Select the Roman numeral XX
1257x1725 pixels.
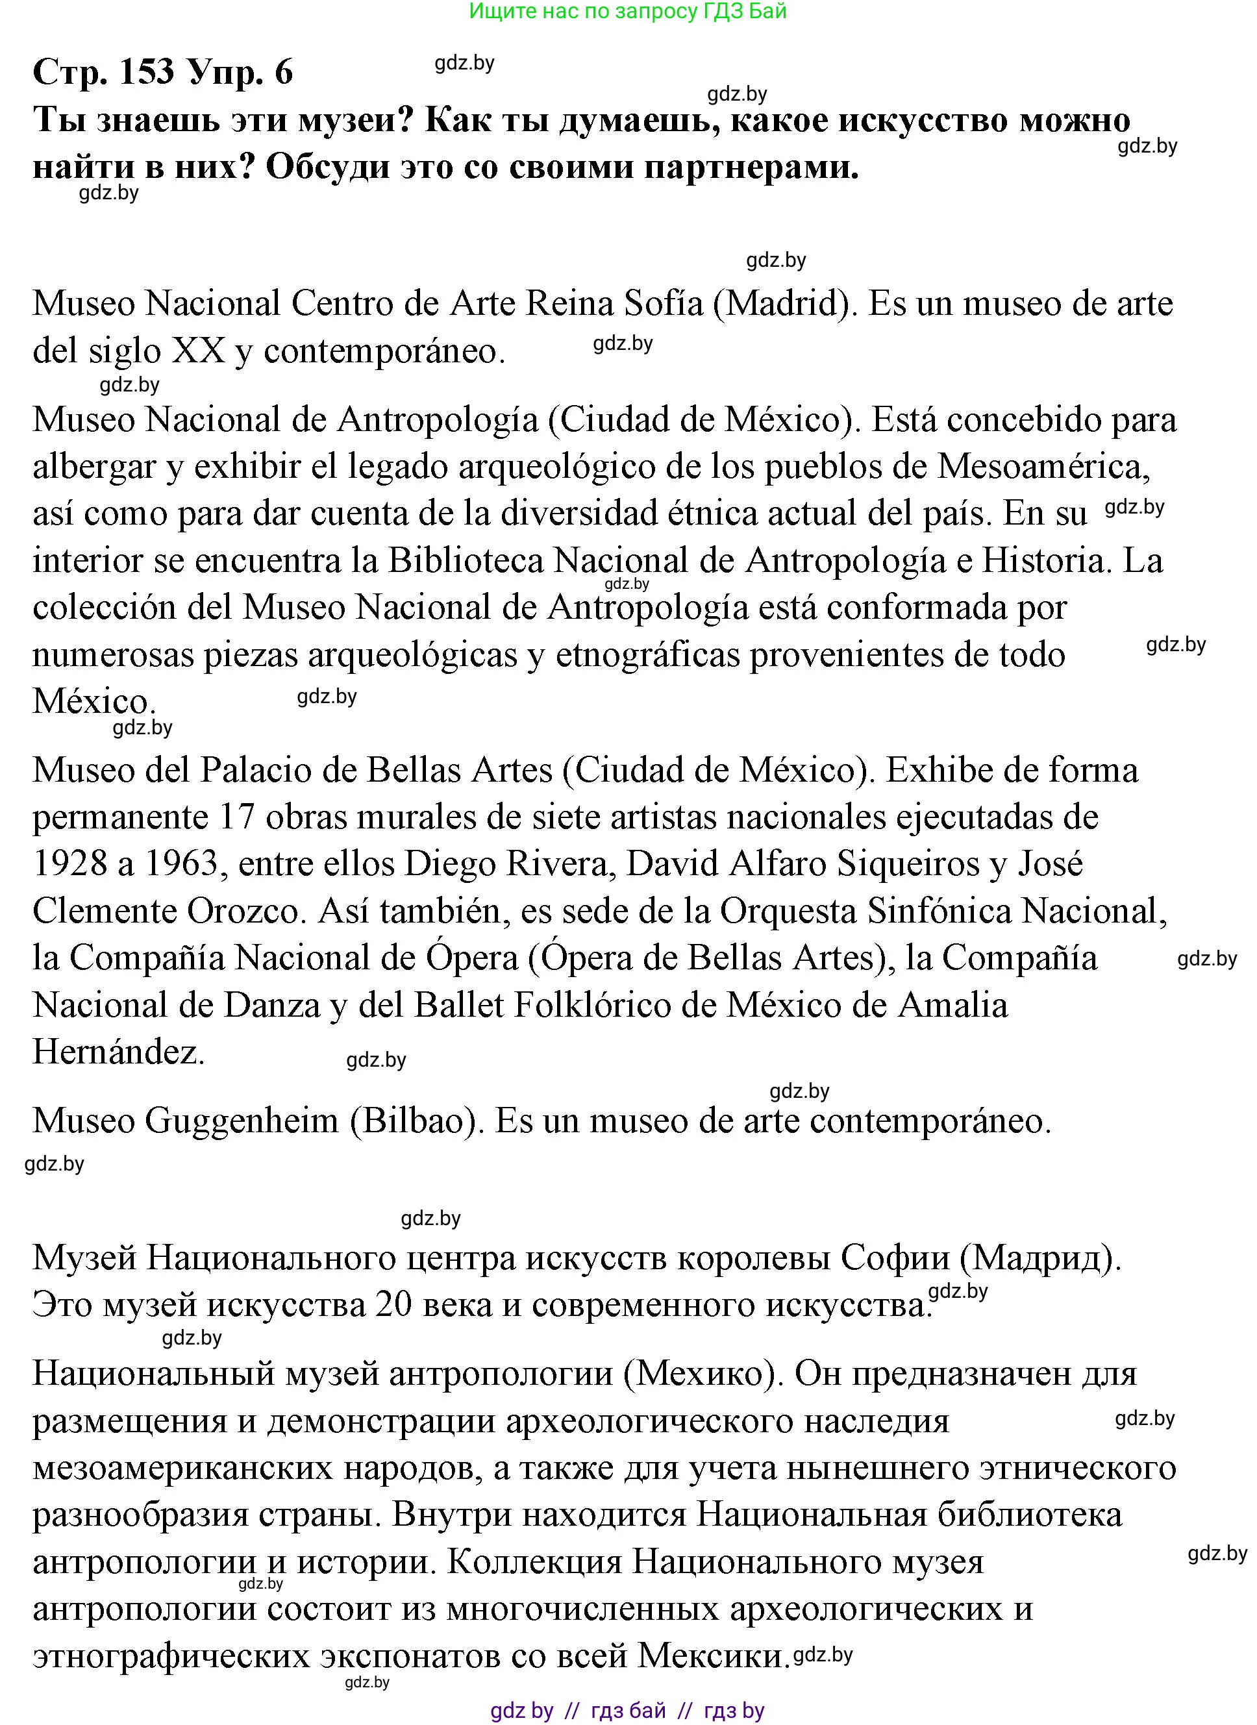click(199, 351)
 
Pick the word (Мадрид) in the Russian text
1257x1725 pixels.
click(1040, 1260)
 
